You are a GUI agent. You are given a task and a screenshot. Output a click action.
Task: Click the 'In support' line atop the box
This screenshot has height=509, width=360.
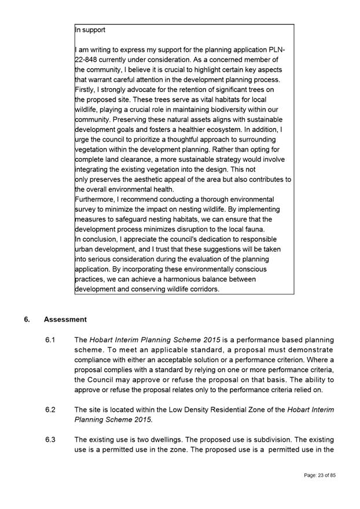point(90,29)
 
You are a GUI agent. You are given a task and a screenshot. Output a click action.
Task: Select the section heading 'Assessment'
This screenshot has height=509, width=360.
point(65,319)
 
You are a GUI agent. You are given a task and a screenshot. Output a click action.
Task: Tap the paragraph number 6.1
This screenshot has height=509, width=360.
point(50,339)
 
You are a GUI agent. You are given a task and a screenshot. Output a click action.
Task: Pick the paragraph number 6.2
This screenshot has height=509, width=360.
point(50,410)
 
